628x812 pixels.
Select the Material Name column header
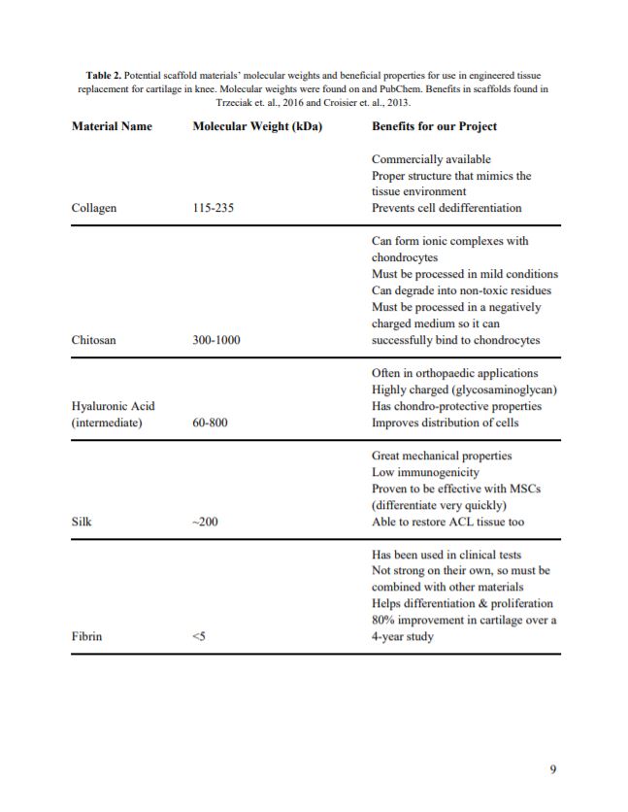pyautogui.click(x=112, y=126)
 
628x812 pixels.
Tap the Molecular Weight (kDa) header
pyautogui.click(x=257, y=126)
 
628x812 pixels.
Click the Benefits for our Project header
pyautogui.click(x=434, y=126)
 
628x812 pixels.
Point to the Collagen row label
pyautogui.click(x=94, y=208)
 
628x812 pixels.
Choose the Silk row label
pyautogui.click(x=82, y=522)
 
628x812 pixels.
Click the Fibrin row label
pyautogui.click(x=87, y=637)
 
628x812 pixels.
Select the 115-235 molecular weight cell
pyautogui.click(x=214, y=208)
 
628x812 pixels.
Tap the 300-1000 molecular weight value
pyautogui.click(x=216, y=340)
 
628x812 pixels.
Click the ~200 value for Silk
pyautogui.click(x=205, y=522)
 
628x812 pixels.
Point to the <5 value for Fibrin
pyautogui.click(x=199, y=637)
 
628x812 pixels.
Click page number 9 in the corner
pyautogui.click(x=553, y=770)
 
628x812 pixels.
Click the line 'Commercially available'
pyautogui.click(x=431, y=159)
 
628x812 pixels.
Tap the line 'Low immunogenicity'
pyautogui.click(x=425, y=472)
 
